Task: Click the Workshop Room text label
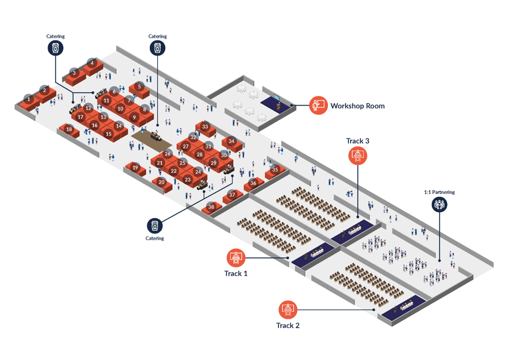coord(357,106)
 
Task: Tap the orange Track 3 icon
coord(359,155)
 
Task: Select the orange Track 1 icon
coord(235,258)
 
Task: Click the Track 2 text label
coord(288,325)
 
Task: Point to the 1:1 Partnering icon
coord(439,204)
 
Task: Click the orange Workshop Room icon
coord(319,105)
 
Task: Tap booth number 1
coord(28,100)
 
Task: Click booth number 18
coord(69,130)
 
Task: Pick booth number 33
coord(205,127)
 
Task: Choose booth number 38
coord(212,207)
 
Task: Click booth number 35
coord(275,170)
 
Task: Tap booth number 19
coord(135,167)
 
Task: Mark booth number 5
coord(139,87)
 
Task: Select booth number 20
coord(162,182)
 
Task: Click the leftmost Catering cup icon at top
coord(56,49)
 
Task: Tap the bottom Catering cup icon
coord(155,225)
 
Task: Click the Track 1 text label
coord(236,273)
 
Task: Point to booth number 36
coord(253,183)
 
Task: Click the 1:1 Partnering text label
coord(439,192)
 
